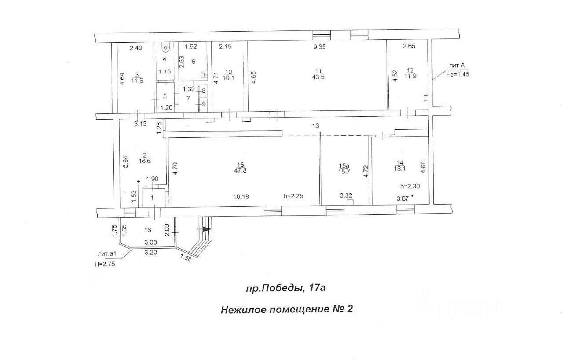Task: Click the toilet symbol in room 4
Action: point(166,46)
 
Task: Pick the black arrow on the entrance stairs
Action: point(206,229)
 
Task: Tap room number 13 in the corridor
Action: point(315,126)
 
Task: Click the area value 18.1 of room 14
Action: point(400,168)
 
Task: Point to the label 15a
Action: point(344,165)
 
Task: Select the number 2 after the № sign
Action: point(350,309)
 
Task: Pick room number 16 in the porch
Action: point(148,230)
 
